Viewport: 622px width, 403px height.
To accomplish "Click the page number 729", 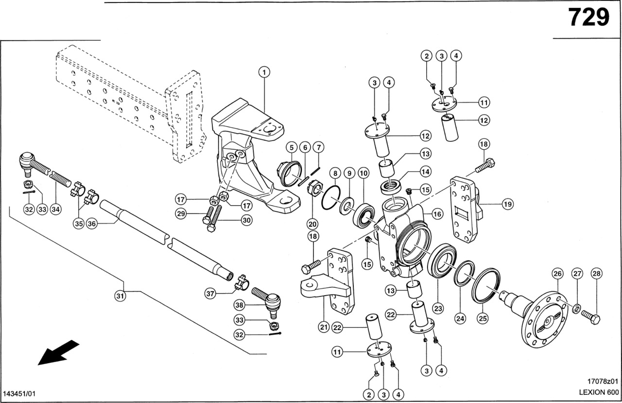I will click(x=588, y=18).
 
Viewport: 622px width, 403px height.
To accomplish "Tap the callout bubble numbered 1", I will click(x=264, y=72).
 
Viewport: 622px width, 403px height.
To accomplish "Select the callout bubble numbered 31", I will click(x=120, y=295).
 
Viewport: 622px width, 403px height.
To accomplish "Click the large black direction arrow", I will click(x=58, y=352).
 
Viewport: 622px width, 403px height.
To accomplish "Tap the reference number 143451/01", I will click(x=19, y=392).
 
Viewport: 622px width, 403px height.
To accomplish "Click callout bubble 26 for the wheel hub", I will click(x=557, y=274).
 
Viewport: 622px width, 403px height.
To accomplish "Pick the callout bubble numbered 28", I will click(x=596, y=274).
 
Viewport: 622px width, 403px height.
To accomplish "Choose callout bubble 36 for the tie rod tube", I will click(x=93, y=224).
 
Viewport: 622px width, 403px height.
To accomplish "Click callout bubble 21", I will click(x=324, y=327).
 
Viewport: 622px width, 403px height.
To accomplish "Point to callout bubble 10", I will click(x=363, y=173).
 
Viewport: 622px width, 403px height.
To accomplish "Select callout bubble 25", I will click(x=483, y=319).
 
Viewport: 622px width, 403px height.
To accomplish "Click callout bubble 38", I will click(x=239, y=305).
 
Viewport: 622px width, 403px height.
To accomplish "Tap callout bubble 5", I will click(x=291, y=147).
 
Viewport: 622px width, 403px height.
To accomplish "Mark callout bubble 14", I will click(x=426, y=172).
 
